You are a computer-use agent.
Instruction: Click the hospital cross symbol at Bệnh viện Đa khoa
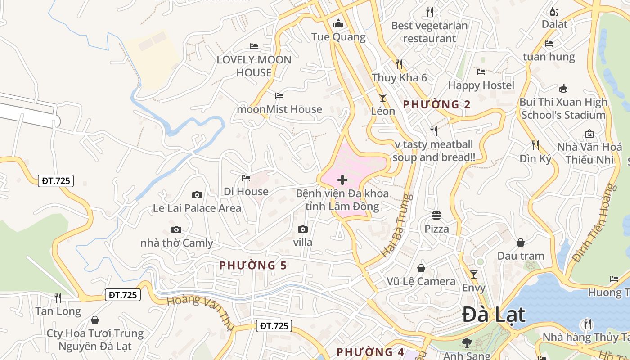coord(342,180)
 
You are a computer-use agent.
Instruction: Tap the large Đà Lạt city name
coord(494,315)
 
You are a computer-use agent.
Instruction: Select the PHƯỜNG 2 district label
coord(436,105)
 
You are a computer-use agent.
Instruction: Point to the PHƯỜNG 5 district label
coord(253,265)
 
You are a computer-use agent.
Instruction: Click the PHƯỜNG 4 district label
coord(370,352)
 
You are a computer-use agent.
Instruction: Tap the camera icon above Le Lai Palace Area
coord(197,195)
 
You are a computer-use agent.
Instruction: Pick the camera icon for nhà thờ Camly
coord(176,229)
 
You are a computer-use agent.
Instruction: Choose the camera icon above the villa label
coord(303,229)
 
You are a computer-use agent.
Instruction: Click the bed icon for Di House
coord(246,178)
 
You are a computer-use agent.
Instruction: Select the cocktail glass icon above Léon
coord(383,97)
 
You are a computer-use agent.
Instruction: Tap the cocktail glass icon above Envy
coord(473,274)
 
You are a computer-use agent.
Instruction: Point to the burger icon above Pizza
coord(436,216)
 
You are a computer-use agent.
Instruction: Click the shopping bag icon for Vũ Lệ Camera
coord(421,268)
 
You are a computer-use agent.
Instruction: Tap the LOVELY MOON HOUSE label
coord(254,66)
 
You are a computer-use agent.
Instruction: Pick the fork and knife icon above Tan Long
coord(58,297)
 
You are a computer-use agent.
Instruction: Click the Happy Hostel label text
coord(481,85)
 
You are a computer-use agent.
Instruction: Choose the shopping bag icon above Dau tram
coord(521,243)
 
